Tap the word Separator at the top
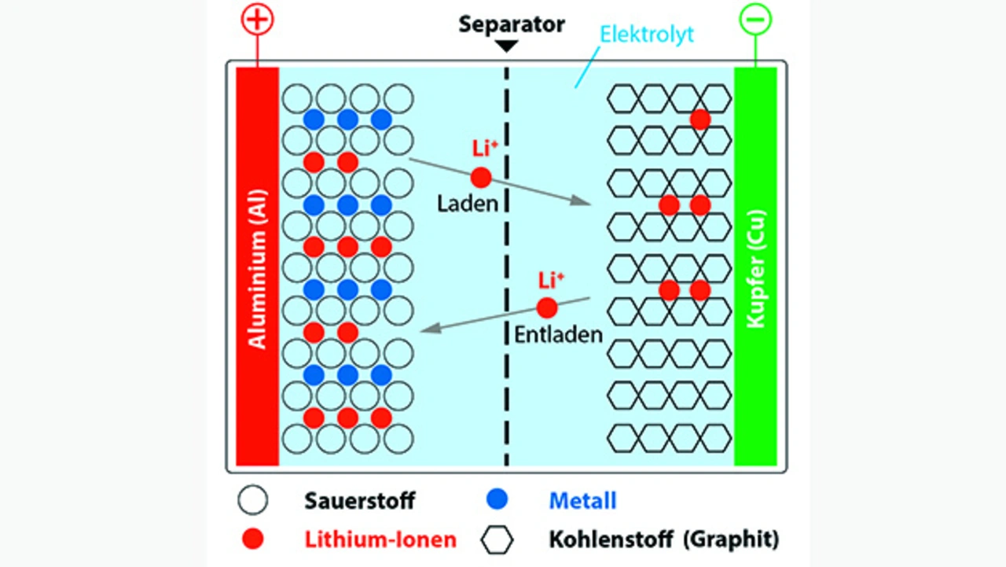pyautogui.click(x=512, y=24)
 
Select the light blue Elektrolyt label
pyautogui.click(x=647, y=35)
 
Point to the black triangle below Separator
pyautogui.click(x=507, y=46)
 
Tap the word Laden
pyautogui.click(x=468, y=204)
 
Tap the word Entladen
pyautogui.click(x=558, y=333)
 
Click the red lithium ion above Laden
pyautogui.click(x=481, y=178)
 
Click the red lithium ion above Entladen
pyautogui.click(x=547, y=307)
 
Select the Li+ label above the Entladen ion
pyautogui.click(x=551, y=280)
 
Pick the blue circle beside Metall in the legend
pyautogui.click(x=497, y=499)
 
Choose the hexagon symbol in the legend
pyautogui.click(x=497, y=539)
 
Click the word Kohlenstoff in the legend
pyautogui.click(x=604, y=539)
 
